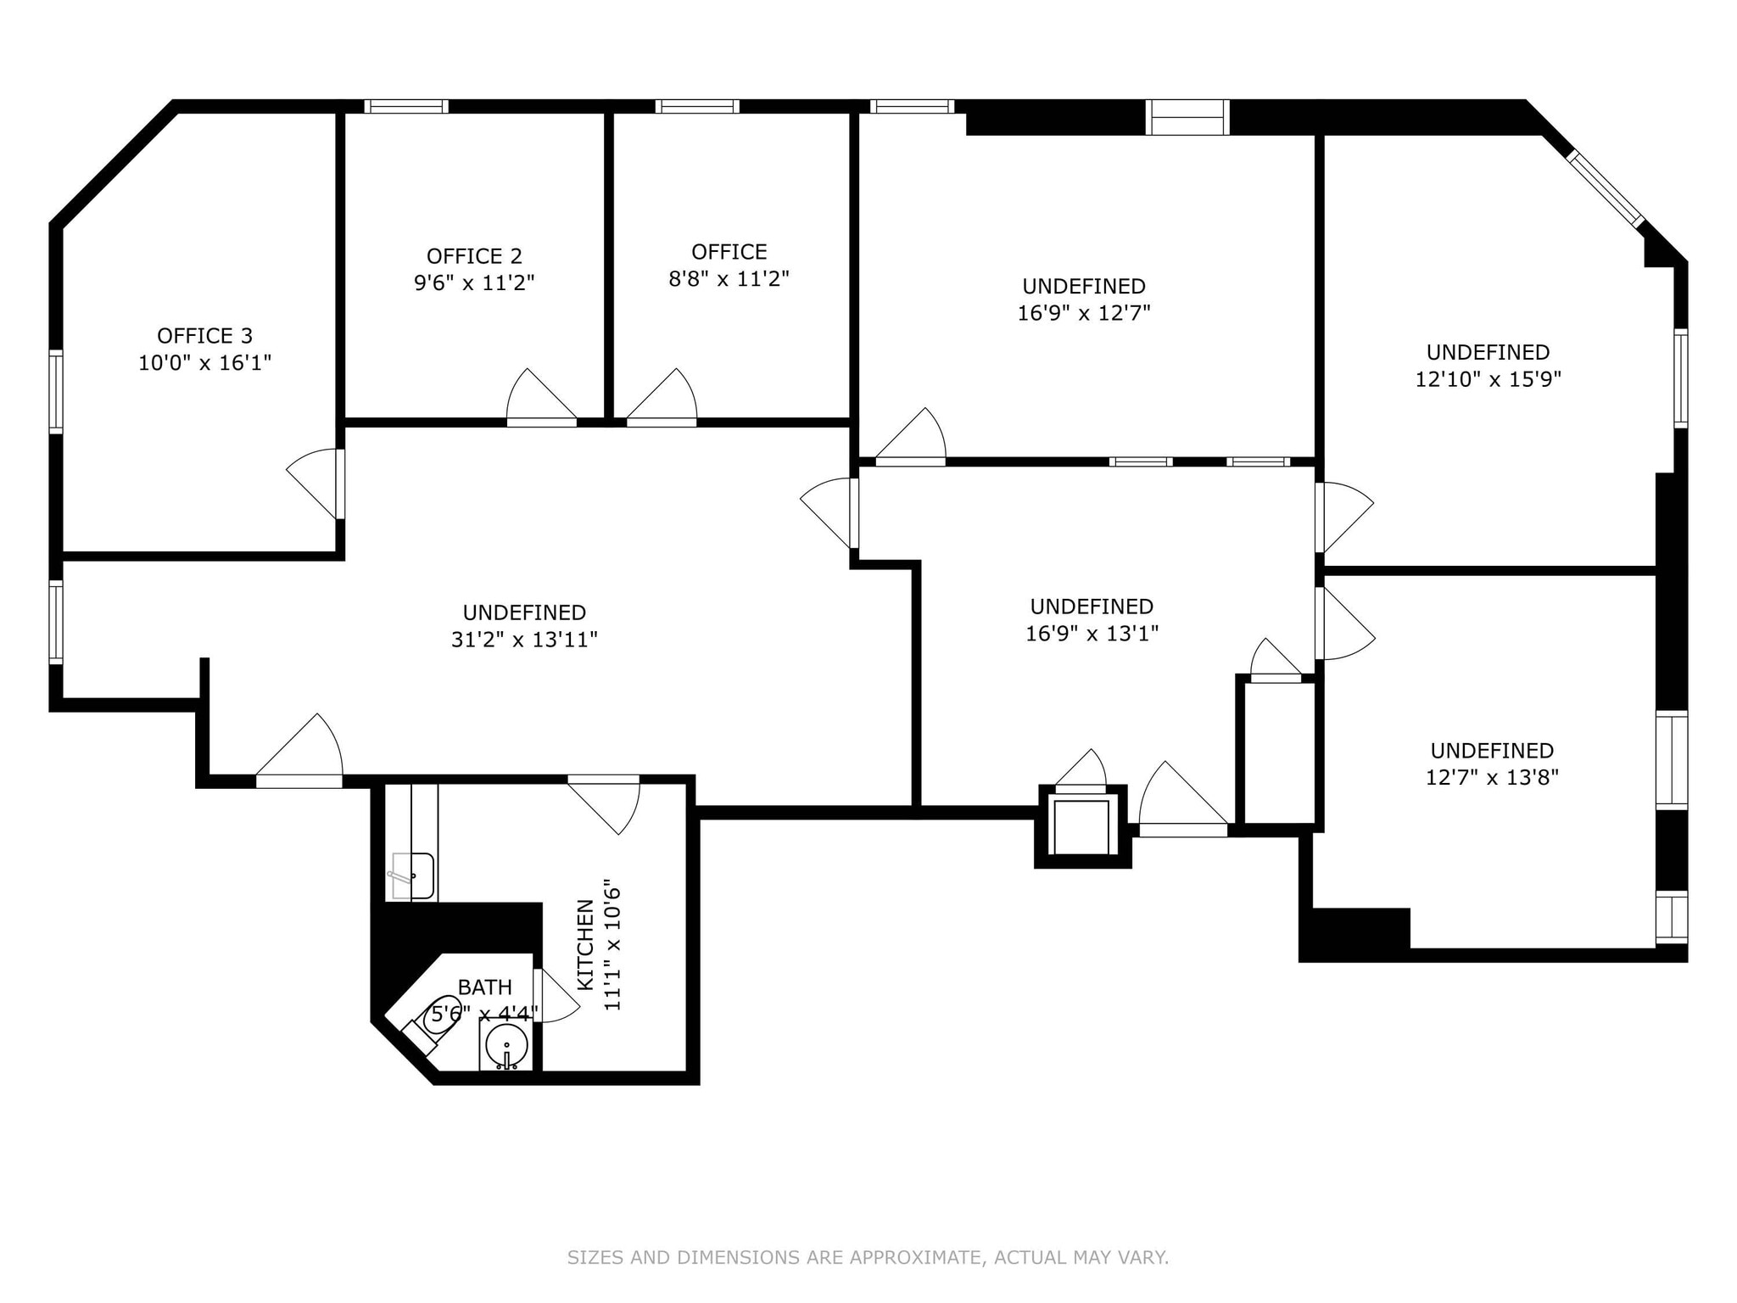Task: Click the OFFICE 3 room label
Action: [204, 336]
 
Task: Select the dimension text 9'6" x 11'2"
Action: [474, 283]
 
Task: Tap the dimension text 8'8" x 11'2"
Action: [729, 279]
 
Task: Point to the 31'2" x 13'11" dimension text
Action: [524, 640]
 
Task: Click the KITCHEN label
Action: [585, 944]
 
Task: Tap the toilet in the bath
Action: [438, 1015]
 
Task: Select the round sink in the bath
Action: [506, 1043]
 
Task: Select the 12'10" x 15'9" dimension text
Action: [1488, 379]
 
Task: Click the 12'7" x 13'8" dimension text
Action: [1492, 778]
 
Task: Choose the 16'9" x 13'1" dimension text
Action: [1092, 634]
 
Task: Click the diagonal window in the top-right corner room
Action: [1605, 188]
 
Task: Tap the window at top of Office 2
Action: [406, 107]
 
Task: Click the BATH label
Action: [484, 987]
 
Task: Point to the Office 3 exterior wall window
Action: [56, 391]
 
